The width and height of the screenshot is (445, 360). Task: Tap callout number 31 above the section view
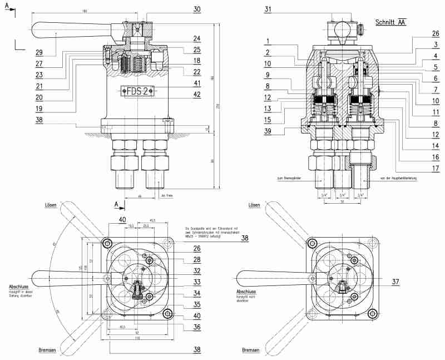point(269,9)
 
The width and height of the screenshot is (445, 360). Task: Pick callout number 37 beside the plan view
point(395,282)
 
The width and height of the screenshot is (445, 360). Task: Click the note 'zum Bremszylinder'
point(289,179)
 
